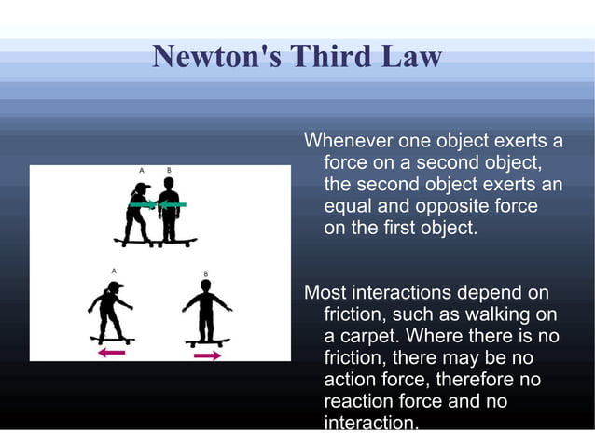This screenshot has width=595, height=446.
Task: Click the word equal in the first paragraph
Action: pyautogui.click(x=347, y=205)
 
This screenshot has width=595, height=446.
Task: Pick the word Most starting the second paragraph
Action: pyautogui.click(x=325, y=293)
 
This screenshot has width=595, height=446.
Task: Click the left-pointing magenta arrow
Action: pyautogui.click(x=111, y=352)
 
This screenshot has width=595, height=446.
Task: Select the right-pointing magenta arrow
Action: pyautogui.click(x=207, y=355)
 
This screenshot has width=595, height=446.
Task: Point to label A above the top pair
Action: pyautogui.click(x=142, y=171)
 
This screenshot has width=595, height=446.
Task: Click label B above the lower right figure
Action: pyautogui.click(x=205, y=273)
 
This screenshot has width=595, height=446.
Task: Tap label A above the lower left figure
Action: pyautogui.click(x=114, y=270)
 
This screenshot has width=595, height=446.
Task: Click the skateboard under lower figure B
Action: pyautogui.click(x=207, y=342)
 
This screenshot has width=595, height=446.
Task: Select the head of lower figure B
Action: pyautogui.click(x=206, y=286)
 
